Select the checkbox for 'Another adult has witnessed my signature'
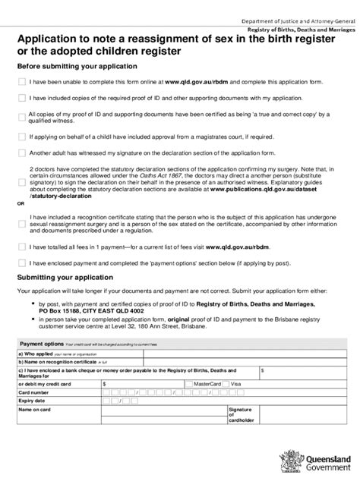[21, 153]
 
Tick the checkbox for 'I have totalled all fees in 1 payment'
[21, 247]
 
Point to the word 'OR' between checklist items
[21, 204]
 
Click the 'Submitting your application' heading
[63, 277]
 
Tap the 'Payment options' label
[43, 344]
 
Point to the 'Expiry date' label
[32, 401]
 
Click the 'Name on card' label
[34, 410]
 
